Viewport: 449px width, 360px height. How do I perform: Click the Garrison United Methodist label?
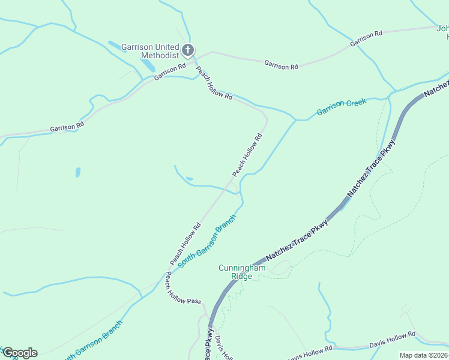click(x=150, y=51)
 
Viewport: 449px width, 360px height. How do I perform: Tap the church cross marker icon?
click(x=188, y=50)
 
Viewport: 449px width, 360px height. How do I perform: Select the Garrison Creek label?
click(x=341, y=107)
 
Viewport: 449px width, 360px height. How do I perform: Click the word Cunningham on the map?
click(x=242, y=268)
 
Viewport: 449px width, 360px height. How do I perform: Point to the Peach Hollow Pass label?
click(x=183, y=288)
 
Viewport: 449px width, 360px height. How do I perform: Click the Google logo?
click(x=19, y=353)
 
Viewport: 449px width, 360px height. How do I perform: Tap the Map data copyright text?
click(x=424, y=355)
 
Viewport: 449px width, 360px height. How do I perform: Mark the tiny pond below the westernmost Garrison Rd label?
click(x=78, y=172)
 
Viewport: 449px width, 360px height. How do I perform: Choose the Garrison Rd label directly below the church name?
click(x=170, y=73)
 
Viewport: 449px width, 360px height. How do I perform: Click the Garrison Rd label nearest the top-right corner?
click(x=366, y=39)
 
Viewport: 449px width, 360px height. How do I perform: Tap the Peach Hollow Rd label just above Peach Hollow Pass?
click(x=185, y=244)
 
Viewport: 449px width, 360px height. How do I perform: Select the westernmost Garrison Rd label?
click(x=67, y=127)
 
